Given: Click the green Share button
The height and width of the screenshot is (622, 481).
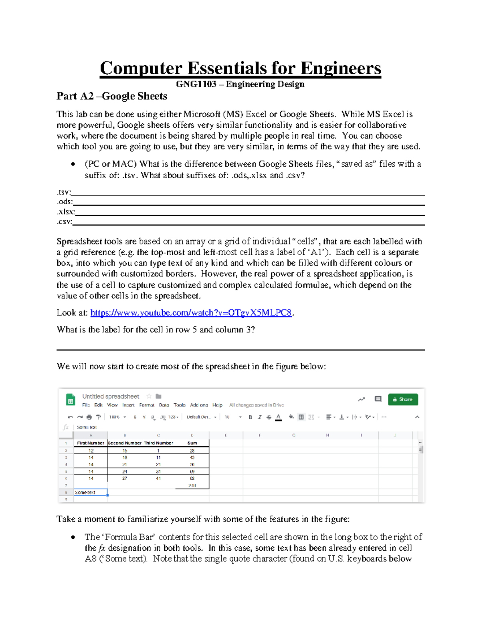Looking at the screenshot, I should pos(403,399).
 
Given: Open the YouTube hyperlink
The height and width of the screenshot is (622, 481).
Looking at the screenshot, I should pos(191,313).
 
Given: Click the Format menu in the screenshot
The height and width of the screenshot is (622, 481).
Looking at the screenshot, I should pos(147,405).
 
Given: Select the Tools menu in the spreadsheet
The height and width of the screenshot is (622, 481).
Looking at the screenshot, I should pos(180,405).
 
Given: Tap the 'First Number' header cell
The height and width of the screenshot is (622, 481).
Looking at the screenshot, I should pos(91,443).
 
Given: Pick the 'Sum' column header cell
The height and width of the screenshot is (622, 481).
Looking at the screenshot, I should pos(192,443).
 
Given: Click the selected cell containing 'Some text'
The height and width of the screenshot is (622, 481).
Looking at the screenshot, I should pos(91,493).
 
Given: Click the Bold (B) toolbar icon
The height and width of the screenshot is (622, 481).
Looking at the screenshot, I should pos(250,417).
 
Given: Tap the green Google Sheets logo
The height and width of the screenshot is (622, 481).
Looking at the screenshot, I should pos(71,400).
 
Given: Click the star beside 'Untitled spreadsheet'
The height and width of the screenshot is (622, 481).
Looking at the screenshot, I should pos(149,396).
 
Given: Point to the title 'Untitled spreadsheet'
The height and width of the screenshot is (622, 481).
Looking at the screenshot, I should pos(111,397).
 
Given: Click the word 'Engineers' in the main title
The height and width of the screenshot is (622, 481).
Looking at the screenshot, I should pos(341,68).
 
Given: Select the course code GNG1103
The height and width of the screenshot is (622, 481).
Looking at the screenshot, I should pos(196,84).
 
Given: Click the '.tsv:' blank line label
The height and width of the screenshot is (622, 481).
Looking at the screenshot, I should pos(64,192).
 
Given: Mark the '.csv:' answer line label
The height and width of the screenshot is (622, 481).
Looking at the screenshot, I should pos(65,221).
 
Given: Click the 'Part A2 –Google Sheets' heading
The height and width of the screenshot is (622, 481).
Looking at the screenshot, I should pos(112,96).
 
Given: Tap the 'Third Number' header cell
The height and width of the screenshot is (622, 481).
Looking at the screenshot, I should pos(159,443).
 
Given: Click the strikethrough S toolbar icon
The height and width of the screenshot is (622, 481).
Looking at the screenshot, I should pos(269,417).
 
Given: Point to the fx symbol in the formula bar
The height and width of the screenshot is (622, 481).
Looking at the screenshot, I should pos(66,427).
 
